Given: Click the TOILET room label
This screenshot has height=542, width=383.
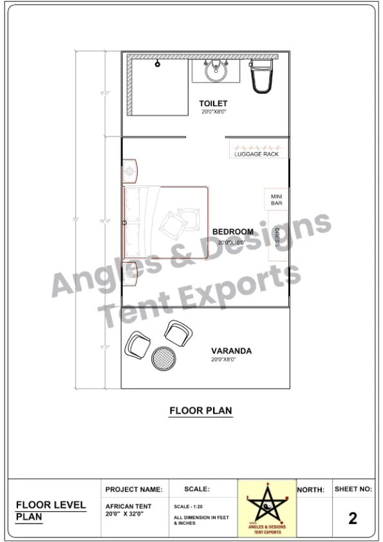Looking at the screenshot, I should [x=213, y=104].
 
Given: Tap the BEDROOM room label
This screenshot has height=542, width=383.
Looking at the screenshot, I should [x=232, y=232].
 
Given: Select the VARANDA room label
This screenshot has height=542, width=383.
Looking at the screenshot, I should [x=231, y=351].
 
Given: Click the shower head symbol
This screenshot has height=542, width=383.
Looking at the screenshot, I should [x=157, y=64].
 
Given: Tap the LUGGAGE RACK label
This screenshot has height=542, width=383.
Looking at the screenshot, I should [x=256, y=154].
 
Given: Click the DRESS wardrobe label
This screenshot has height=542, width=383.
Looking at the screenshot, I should [x=277, y=237].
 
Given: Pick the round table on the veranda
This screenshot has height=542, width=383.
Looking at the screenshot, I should [x=163, y=358].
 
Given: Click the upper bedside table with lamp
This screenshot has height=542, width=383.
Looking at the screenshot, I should [x=131, y=171].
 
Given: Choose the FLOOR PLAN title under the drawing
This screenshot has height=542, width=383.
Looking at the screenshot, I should [x=200, y=410].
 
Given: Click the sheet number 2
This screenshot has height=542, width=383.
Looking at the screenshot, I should [x=353, y=518].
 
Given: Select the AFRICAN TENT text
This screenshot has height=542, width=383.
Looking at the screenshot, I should [x=128, y=507].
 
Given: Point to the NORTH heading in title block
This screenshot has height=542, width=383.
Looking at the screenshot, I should [x=310, y=490].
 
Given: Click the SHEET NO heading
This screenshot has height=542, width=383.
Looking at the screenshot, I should [x=353, y=489].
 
